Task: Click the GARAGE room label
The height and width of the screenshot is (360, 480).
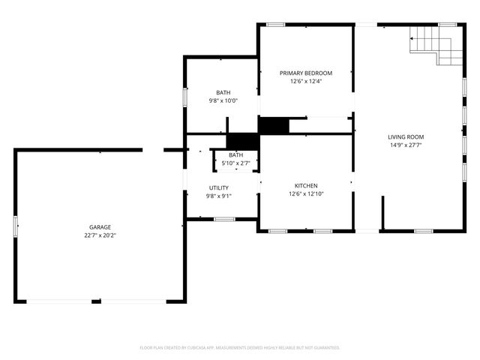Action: (100, 226)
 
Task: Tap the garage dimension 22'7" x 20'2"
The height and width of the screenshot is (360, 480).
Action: (100, 235)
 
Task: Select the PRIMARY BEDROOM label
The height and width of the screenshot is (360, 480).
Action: (306, 73)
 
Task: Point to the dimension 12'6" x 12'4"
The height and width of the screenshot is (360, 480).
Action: (306, 82)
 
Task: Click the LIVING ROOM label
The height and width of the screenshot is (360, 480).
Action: (406, 136)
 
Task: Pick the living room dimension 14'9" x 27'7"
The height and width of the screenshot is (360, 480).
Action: (406, 145)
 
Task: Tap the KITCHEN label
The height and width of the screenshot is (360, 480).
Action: (306, 185)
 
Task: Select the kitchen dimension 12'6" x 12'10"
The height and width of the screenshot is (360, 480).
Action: (306, 194)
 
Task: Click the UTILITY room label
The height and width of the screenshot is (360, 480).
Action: (219, 187)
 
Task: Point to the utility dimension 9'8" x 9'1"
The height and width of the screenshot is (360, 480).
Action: (219, 196)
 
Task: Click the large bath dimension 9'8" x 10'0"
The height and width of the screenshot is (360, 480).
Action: (223, 100)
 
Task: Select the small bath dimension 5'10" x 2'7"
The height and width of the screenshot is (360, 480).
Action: (236, 163)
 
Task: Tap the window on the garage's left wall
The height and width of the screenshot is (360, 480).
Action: (15, 226)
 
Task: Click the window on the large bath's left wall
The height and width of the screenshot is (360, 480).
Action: (184, 97)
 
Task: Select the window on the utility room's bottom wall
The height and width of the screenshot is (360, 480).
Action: (224, 219)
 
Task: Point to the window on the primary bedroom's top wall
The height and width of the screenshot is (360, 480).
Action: (276, 25)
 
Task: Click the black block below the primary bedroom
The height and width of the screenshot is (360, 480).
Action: (274, 125)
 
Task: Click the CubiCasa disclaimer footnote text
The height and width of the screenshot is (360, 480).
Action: (240, 348)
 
